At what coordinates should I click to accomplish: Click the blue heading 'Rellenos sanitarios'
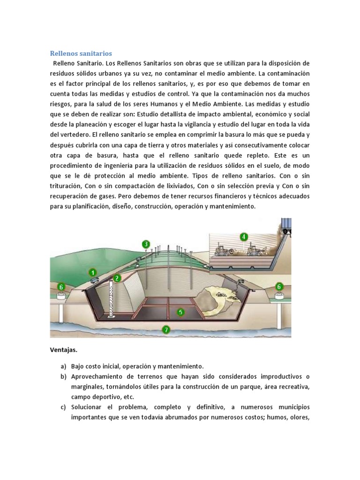pyautogui.click(x=81, y=53)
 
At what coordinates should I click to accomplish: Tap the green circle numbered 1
pyautogui.click(x=93, y=272)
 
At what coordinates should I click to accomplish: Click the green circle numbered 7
pyautogui.click(x=165, y=329)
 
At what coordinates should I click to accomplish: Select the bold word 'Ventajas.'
pyautogui.click(x=64, y=350)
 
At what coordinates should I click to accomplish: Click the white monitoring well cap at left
pyautogui.click(x=61, y=295)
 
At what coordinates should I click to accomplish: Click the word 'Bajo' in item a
pyautogui.click(x=79, y=366)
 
